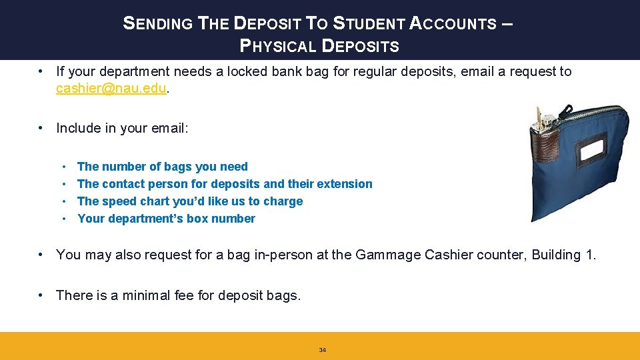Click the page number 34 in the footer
323,350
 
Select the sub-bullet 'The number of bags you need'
162,167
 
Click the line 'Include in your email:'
122,128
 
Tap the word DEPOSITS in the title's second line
361,46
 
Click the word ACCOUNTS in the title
453,23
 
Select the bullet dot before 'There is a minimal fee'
41,295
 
